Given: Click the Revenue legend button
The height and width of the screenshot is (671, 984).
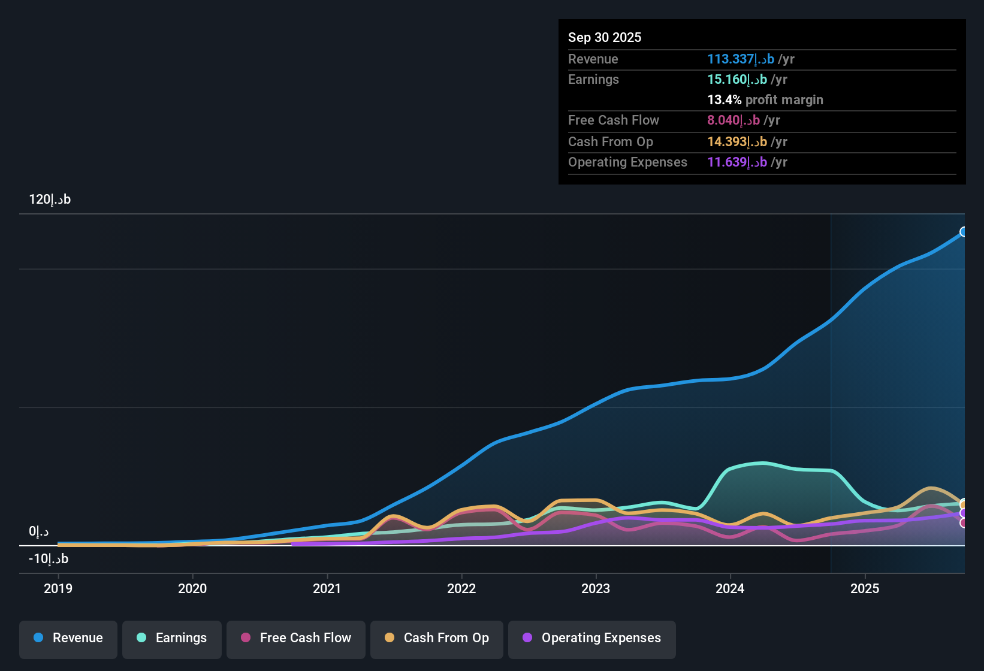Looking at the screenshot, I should click(x=68, y=638).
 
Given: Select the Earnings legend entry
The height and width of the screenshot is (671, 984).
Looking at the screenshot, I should click(x=172, y=638).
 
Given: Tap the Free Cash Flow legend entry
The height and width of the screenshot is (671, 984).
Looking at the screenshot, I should click(x=296, y=638).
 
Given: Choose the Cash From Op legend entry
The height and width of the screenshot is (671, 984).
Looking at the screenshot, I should click(x=437, y=638).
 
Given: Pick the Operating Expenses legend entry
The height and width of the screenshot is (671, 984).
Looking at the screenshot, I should click(x=592, y=638).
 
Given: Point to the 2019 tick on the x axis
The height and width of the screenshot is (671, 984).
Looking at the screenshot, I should click(x=58, y=588).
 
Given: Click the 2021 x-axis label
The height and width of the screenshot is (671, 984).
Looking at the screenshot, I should click(x=327, y=588).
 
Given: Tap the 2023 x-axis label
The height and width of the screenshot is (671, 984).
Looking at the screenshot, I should click(x=596, y=588).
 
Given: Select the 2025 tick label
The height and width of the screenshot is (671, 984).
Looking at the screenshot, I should click(x=865, y=588).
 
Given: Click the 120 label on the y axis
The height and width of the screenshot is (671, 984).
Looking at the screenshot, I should click(x=50, y=200).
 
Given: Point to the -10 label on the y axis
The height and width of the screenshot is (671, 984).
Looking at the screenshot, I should click(x=49, y=559).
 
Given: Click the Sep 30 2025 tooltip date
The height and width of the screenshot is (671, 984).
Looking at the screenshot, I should click(x=605, y=37).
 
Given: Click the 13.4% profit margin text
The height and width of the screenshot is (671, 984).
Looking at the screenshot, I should click(x=765, y=99).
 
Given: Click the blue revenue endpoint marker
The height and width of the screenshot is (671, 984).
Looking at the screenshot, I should click(x=964, y=232).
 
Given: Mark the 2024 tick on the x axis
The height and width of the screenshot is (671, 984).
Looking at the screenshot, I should click(x=730, y=588).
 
